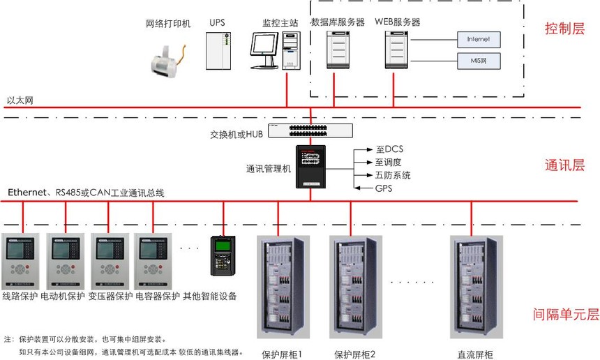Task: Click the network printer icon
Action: click(167, 55)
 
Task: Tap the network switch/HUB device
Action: click(310, 130)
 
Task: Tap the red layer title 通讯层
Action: click(563, 165)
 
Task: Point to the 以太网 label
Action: click(20, 101)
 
